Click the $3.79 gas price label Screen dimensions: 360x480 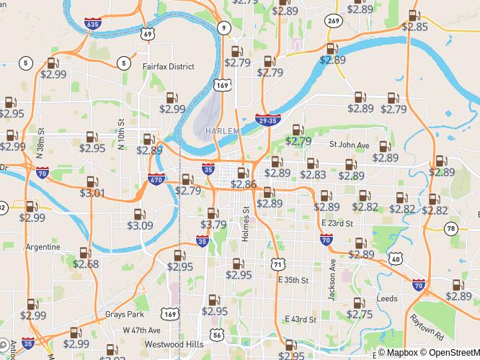point(213,225)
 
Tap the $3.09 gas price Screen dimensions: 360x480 point(140,225)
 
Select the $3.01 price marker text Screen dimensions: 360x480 point(92,193)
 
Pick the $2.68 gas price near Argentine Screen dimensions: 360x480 point(85,264)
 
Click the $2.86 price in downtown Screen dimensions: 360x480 point(244,184)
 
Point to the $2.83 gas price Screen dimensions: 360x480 point(313,174)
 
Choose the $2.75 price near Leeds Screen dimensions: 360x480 point(360,314)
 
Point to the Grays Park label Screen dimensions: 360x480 point(124,315)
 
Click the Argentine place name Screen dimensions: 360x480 point(43,246)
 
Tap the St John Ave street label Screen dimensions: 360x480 point(349,145)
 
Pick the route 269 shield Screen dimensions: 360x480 point(332,21)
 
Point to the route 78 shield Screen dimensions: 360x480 point(450,228)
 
